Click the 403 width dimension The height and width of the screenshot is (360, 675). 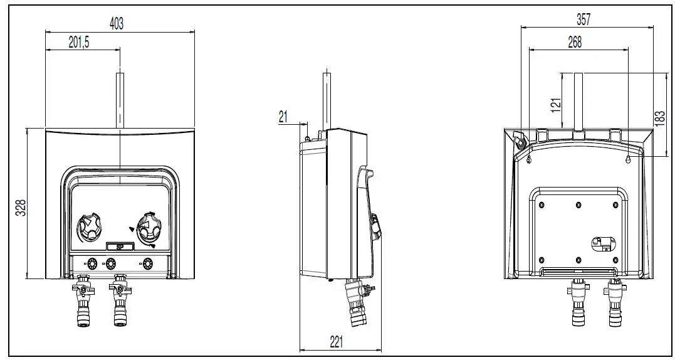point(117,23)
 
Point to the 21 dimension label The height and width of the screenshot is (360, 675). point(283,115)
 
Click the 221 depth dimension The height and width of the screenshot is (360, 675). point(337,342)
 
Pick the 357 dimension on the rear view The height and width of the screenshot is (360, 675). point(583,19)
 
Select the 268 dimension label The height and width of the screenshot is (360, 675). point(574,42)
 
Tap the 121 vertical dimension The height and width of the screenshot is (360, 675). point(555,105)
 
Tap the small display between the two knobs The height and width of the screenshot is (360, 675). point(118,247)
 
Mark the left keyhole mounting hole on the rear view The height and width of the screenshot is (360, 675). point(530,161)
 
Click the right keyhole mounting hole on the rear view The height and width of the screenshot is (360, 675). point(628,161)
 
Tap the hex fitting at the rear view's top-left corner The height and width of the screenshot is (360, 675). point(520,140)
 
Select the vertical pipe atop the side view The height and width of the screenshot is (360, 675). point(327,100)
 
